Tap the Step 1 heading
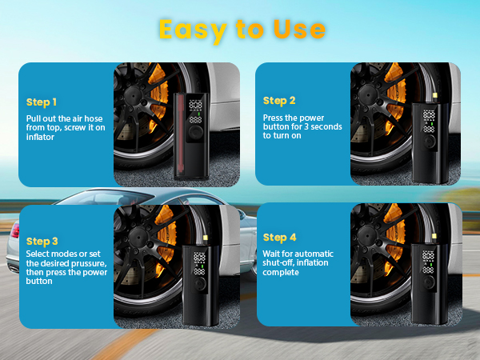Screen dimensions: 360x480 tap(42, 102)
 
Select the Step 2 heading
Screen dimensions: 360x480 tap(279, 101)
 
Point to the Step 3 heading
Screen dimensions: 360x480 tap(42, 241)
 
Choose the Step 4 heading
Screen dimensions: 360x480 tap(279, 238)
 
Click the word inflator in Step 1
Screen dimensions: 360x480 tap(40, 137)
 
